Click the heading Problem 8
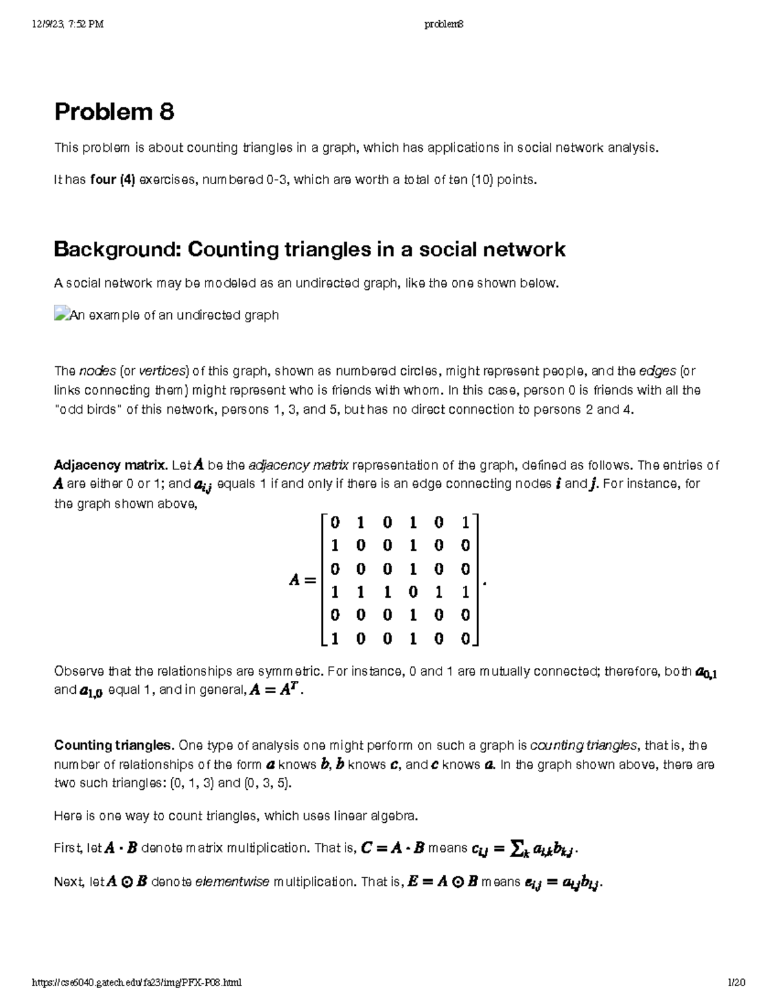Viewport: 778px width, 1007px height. coord(114,112)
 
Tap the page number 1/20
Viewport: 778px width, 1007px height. coord(736,983)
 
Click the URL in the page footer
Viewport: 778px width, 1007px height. coord(137,983)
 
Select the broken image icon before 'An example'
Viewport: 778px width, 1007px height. coord(61,314)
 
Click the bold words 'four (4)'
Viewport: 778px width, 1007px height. coord(113,180)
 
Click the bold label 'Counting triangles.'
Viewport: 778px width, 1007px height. coord(114,745)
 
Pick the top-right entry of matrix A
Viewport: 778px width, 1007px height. coord(465,521)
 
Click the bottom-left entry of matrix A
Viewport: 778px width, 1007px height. coord(335,639)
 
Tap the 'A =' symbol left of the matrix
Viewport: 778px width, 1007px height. coord(302,580)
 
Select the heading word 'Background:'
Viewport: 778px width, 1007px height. coord(117,250)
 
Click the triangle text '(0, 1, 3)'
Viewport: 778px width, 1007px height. coord(192,783)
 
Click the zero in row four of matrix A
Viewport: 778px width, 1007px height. coord(413,591)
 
